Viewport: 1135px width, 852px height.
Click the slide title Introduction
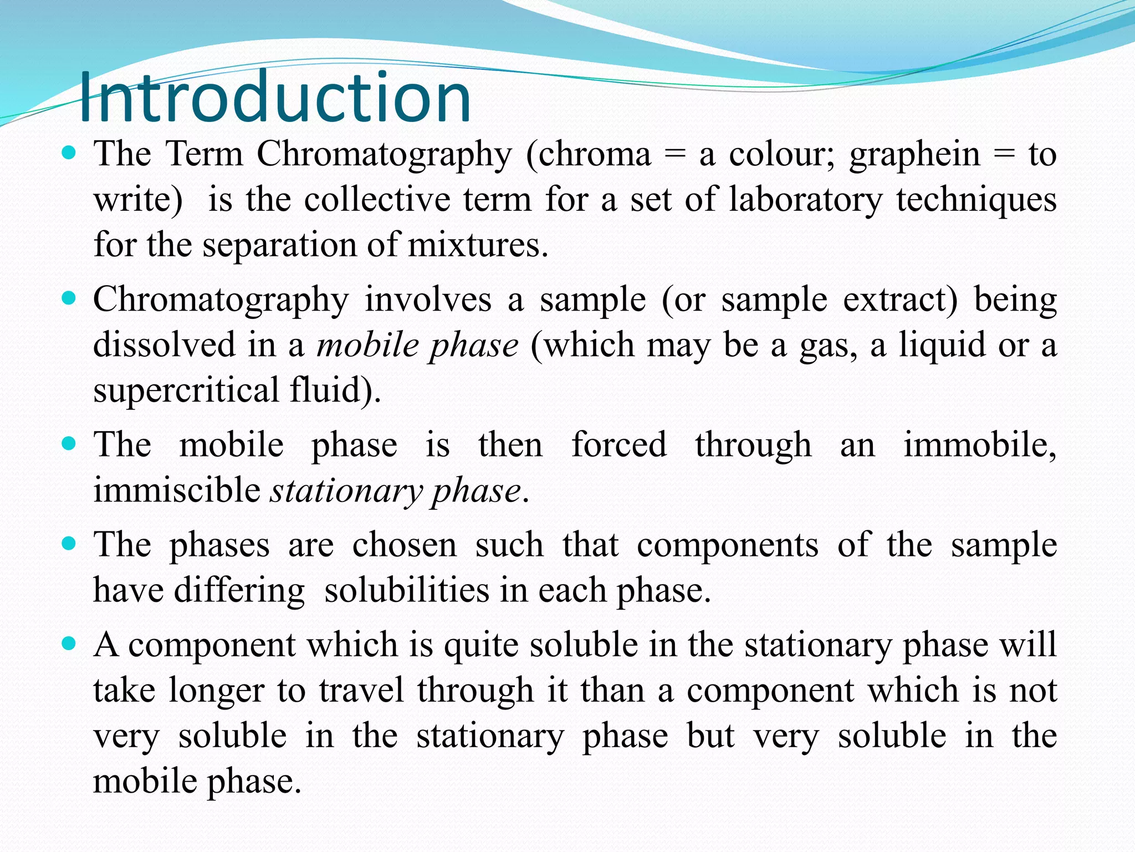pos(275,97)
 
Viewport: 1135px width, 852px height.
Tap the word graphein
pos(915,155)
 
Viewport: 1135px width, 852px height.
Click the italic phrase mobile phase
pos(417,346)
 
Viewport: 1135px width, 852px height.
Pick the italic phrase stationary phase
pos(396,491)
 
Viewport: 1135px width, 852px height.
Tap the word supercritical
pos(186,390)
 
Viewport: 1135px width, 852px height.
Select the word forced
pos(619,445)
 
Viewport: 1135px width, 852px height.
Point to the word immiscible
pos(176,491)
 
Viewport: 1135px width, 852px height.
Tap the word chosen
pos(405,545)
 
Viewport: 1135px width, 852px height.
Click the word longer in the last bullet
pos(217,691)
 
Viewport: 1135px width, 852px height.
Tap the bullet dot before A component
pos(69,644)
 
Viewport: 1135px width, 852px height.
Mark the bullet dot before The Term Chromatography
pos(69,153)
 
